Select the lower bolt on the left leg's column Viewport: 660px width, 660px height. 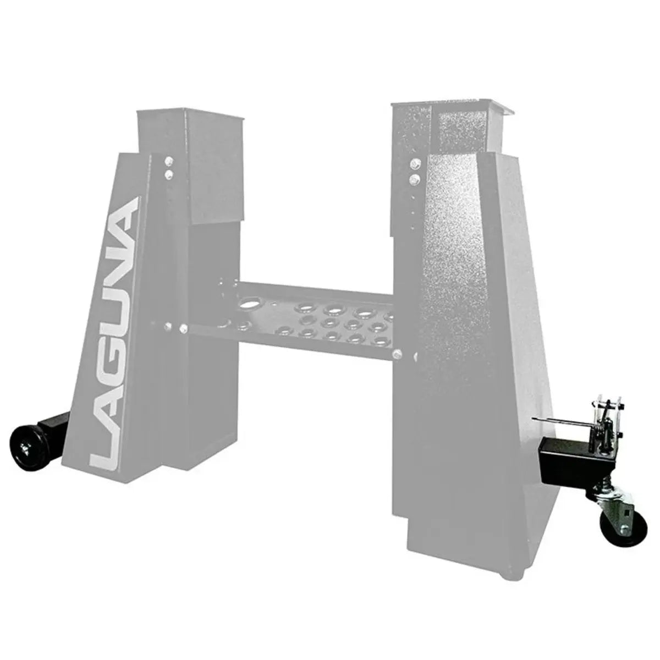168,174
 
